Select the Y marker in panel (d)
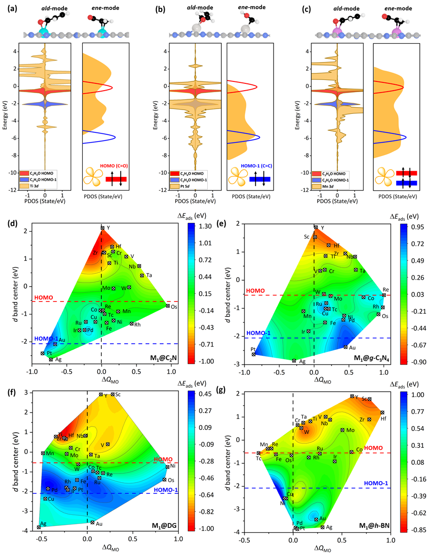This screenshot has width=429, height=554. click(x=102, y=227)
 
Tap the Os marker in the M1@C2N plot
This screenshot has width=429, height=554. click(x=168, y=306)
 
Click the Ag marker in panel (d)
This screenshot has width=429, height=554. click(x=51, y=359)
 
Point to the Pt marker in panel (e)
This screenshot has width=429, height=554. click(x=254, y=354)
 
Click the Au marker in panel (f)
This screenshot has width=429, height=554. click(x=92, y=522)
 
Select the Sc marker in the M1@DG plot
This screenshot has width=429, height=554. click(x=112, y=394)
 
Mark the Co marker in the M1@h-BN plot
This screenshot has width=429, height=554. click(x=352, y=452)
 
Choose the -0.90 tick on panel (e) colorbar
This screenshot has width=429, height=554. click(x=415, y=362)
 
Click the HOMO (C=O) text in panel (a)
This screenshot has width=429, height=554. click(x=111, y=166)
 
